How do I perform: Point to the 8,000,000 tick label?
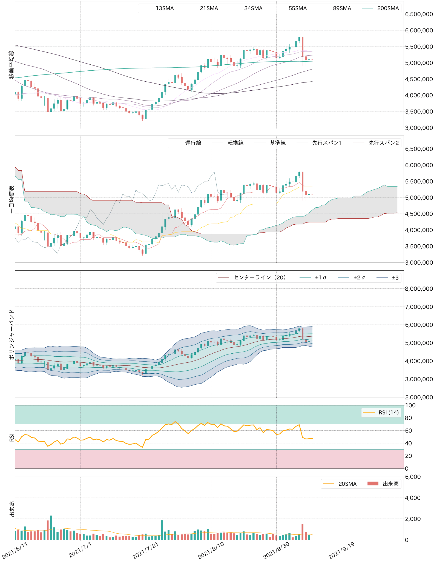(419, 289)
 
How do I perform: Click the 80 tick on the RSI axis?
(408, 418)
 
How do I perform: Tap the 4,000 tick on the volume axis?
(413, 498)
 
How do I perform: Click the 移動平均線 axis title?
(11, 64)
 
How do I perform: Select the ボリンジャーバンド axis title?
(11, 334)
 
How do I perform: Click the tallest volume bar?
(51, 528)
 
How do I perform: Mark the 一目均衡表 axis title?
(11, 199)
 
